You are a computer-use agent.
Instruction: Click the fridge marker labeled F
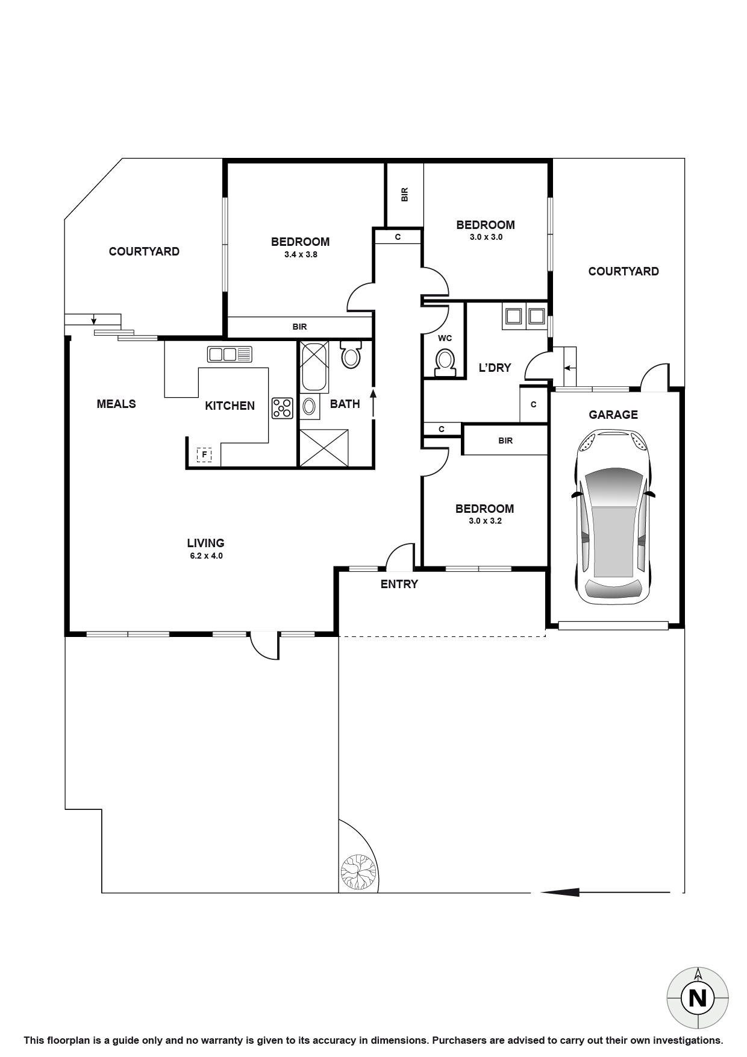click(204, 454)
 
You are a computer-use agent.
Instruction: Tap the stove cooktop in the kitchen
click(282, 408)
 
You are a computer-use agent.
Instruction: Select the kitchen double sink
click(229, 354)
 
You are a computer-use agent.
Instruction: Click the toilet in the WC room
click(445, 361)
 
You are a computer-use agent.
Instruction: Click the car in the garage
click(613, 516)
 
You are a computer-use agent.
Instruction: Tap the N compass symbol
click(698, 999)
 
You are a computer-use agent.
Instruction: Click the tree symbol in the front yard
click(357, 872)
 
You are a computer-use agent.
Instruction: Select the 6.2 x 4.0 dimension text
click(206, 556)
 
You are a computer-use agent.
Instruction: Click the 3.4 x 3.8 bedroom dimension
click(300, 254)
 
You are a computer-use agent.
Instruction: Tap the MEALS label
click(116, 404)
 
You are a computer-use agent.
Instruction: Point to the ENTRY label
click(399, 584)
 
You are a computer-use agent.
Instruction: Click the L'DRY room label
click(495, 368)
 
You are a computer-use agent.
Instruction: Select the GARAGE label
click(613, 415)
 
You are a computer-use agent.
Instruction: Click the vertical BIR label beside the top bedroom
click(404, 194)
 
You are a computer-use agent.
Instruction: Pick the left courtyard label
click(144, 252)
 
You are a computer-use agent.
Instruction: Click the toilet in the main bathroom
click(350, 354)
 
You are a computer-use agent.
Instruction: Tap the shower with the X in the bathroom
click(324, 447)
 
